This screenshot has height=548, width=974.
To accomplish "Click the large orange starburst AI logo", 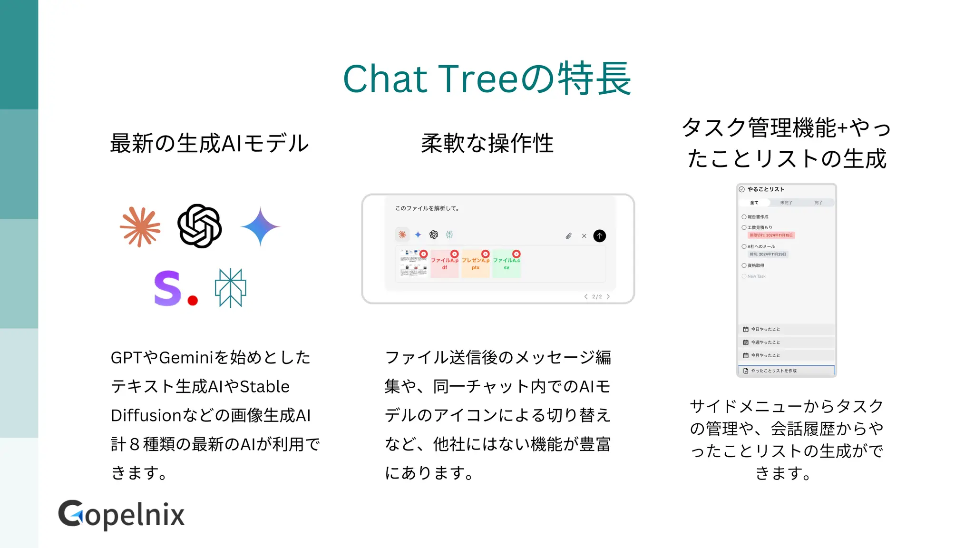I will (x=140, y=227).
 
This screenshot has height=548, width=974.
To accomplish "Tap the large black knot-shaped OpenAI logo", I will (x=199, y=226).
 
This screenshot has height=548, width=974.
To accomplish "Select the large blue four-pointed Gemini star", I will (x=260, y=226).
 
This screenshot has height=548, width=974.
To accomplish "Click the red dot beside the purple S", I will (x=193, y=300).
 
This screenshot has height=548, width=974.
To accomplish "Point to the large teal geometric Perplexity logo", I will (x=231, y=288).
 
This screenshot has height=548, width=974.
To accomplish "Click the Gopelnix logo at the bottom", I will (x=121, y=515).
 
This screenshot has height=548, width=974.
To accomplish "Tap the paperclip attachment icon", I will (x=568, y=236).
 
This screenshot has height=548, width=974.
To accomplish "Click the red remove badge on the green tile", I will (x=516, y=254).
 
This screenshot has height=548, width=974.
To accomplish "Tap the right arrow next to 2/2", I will (x=608, y=296).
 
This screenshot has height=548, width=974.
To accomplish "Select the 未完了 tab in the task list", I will (x=786, y=203).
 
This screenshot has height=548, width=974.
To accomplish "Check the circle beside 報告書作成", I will (x=744, y=217).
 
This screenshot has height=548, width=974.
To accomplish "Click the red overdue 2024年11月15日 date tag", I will (x=771, y=235).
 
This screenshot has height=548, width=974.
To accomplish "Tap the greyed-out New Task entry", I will (x=756, y=276).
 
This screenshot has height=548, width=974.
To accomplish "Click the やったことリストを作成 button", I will (x=786, y=371).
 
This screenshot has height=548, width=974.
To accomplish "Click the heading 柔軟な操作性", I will (x=487, y=143).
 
